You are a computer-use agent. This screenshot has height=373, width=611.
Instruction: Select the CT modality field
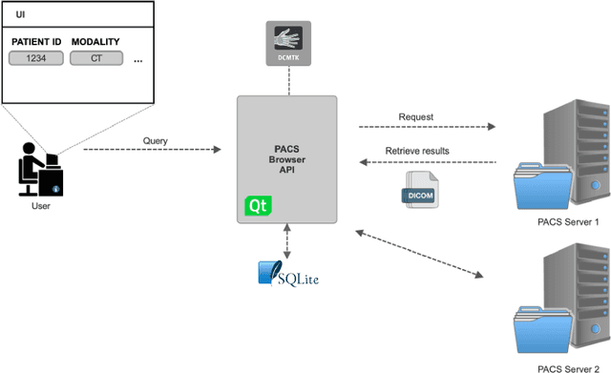tap(95, 58)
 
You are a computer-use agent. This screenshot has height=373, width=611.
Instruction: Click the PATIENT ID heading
tap(35, 42)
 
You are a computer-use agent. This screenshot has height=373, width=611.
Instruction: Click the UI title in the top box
tap(20, 16)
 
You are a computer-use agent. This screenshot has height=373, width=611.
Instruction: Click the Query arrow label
tap(155, 141)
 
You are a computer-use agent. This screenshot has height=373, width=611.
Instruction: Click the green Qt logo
tap(257, 205)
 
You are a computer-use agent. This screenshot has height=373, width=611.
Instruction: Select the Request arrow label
tap(415, 117)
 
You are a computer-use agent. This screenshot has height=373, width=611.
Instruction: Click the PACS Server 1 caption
tap(568, 222)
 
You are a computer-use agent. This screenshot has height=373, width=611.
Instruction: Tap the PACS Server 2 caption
tap(568, 366)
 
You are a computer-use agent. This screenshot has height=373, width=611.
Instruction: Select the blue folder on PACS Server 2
tap(538, 328)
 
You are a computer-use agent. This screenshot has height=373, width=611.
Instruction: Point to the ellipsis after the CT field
tap(138, 60)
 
